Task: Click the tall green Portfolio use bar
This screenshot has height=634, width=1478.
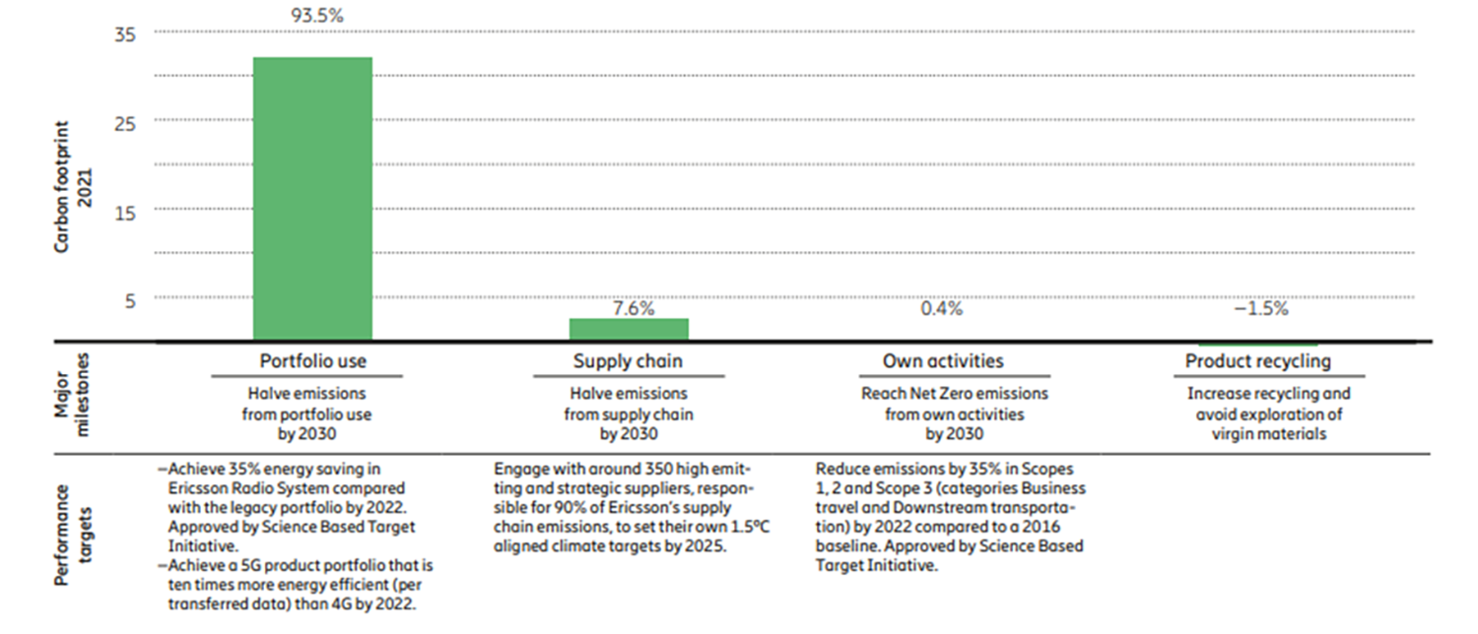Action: (x=312, y=198)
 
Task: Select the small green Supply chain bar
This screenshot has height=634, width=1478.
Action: (x=629, y=329)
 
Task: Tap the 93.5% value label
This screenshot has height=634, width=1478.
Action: (x=313, y=16)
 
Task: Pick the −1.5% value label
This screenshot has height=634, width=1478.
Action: (x=1260, y=308)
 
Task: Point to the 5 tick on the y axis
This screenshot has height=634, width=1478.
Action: (x=129, y=299)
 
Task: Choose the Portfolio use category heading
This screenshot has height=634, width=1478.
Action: (x=312, y=361)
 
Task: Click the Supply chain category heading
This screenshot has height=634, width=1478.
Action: (x=628, y=361)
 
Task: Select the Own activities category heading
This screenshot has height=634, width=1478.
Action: (x=943, y=361)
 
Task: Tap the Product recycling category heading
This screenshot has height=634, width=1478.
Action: (x=1257, y=361)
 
